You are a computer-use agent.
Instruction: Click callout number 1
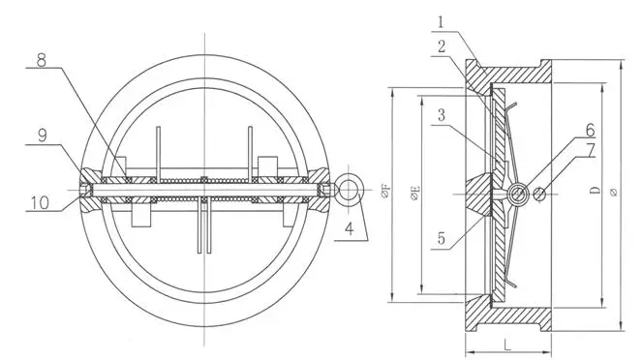tap(441, 22)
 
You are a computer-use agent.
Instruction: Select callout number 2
tap(442, 46)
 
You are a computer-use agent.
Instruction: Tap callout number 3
tap(441, 115)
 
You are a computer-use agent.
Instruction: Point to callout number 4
tap(349, 228)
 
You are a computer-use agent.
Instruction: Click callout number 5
tap(441, 238)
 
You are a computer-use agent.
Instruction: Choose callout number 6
tap(590, 130)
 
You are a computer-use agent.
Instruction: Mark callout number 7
tap(590, 151)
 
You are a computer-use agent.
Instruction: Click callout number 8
tap(42, 60)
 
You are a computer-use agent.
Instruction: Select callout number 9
tap(43, 135)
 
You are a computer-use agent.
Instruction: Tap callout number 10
tap(40, 202)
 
